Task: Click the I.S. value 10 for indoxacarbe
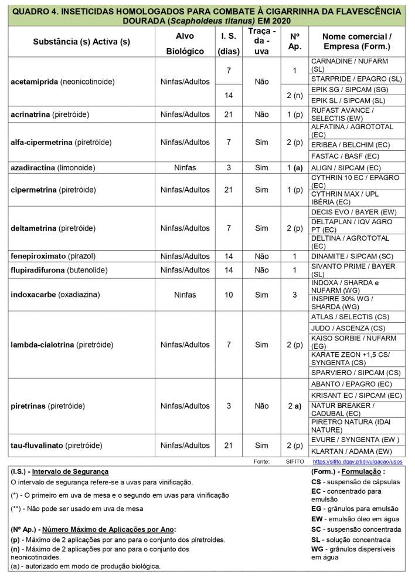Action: [229, 295]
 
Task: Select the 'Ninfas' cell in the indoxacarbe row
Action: [185, 295]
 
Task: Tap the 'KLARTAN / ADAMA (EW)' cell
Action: [351, 451]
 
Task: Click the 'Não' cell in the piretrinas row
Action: [261, 406]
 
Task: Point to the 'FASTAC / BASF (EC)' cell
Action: [345, 156]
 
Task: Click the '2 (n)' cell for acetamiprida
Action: [295, 95]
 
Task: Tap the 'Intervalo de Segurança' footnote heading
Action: [70, 471]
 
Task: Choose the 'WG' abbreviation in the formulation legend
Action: [317, 549]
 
